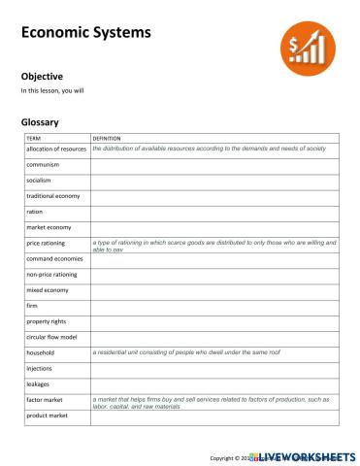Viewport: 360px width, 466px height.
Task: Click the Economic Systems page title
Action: [x=86, y=34]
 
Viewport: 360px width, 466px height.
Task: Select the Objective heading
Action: [x=42, y=75]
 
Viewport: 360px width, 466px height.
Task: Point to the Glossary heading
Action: [x=40, y=122]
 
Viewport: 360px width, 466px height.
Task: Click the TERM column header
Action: [x=34, y=139]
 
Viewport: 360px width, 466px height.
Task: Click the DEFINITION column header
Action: [x=107, y=139]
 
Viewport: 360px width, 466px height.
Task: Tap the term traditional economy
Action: [x=53, y=196]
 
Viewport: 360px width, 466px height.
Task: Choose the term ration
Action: [x=35, y=212]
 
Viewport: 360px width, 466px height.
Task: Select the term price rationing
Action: [x=47, y=243]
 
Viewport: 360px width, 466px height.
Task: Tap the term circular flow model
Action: [x=52, y=337]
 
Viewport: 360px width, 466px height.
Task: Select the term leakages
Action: [x=40, y=383]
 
